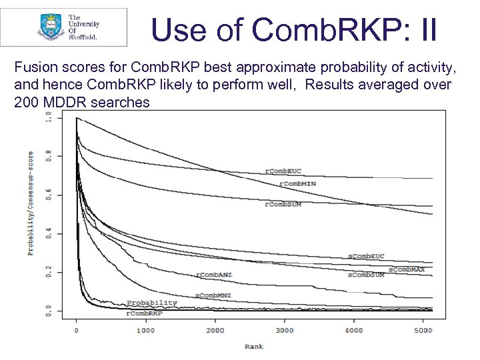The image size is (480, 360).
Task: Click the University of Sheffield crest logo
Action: (x=48, y=27)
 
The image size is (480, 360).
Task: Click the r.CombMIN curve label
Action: (x=300, y=183)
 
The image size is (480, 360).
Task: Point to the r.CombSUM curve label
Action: (x=283, y=204)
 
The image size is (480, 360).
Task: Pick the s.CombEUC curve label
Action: (x=367, y=257)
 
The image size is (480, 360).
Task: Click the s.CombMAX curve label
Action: (x=406, y=269)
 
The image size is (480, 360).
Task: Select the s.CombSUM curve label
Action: (x=366, y=274)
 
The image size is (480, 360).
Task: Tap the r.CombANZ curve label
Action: (x=214, y=275)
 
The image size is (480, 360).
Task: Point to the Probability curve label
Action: (x=152, y=303)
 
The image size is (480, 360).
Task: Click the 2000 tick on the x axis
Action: (x=215, y=330)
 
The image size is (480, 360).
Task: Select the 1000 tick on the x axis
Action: (x=145, y=330)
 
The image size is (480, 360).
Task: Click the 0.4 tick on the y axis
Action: (x=49, y=233)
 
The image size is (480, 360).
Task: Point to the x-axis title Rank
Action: (x=254, y=346)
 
